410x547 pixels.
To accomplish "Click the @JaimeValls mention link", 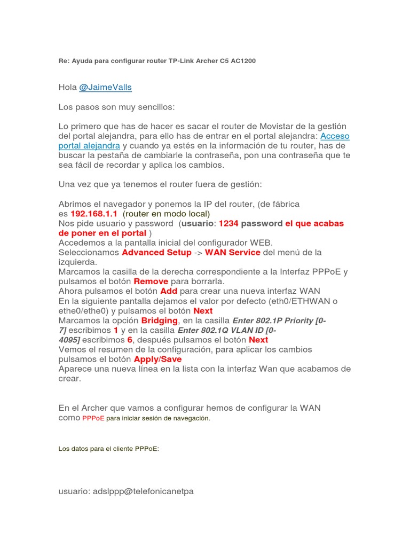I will (105, 87).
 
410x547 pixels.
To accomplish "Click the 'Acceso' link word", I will (335, 136).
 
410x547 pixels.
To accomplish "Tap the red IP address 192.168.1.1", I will (94, 213).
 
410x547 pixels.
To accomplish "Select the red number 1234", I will (228, 223).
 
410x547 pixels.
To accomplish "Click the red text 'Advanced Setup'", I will (156, 252).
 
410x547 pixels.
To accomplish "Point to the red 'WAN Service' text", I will (233, 252).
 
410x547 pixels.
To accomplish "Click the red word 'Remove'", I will (151, 281).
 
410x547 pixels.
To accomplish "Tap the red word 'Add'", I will (169, 291).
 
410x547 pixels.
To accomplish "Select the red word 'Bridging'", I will (159, 320).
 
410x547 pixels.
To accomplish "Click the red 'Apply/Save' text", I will (157, 359).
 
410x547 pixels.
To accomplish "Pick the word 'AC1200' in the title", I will (243, 61).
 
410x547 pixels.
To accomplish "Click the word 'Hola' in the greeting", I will (67, 87).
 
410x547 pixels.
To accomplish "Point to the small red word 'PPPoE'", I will (93, 418).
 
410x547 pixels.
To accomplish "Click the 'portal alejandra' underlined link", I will (89, 145).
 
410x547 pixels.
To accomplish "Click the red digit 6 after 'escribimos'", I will (130, 340).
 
